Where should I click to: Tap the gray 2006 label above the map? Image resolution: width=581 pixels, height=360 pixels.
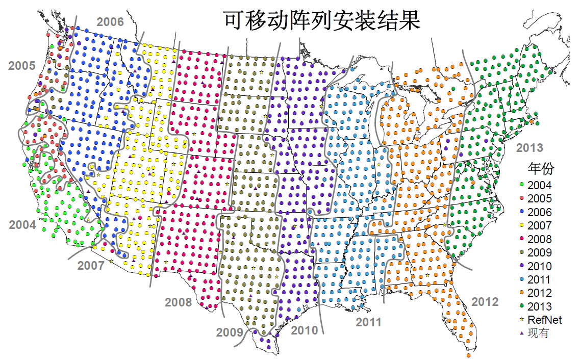point(110,22)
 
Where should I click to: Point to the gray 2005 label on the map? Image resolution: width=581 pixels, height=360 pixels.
point(22,66)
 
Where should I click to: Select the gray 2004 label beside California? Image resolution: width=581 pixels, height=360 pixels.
point(22,225)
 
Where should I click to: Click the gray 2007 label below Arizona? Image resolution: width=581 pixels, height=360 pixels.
point(91,266)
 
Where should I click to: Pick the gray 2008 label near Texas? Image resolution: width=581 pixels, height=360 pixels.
point(178,302)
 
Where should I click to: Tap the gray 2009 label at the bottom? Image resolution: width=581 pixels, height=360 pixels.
point(230,333)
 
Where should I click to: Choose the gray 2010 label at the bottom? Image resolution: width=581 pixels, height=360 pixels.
point(304,330)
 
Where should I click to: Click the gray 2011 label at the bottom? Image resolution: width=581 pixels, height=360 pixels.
point(369,322)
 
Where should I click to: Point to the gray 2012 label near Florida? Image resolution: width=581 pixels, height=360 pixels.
point(485,301)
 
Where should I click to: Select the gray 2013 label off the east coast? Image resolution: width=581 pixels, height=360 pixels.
point(529,148)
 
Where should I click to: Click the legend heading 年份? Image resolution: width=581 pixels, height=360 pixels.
point(541,169)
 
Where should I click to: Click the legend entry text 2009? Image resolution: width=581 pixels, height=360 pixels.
point(540,253)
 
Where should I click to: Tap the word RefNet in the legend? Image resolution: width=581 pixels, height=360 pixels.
point(545,320)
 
